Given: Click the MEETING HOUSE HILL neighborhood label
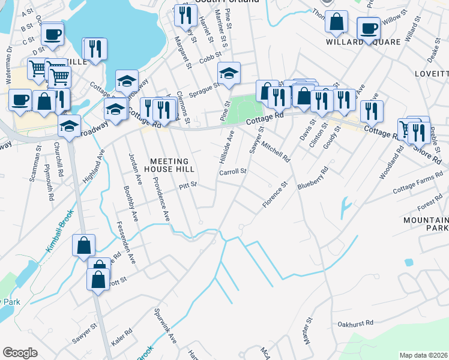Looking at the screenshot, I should click(x=169, y=166).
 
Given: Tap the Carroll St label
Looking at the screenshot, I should click(x=233, y=172).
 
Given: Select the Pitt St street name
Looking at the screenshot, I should click(x=188, y=186).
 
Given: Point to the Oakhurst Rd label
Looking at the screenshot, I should click(x=355, y=323).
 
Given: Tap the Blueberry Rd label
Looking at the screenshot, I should click(x=313, y=178).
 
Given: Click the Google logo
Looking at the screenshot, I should click(x=20, y=352).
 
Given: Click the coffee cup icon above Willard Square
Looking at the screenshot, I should click(x=368, y=28).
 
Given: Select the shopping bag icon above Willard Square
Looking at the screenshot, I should click(x=336, y=21).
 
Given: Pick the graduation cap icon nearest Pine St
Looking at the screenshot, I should click(x=228, y=73).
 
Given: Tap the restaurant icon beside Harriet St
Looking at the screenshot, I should click(x=185, y=15).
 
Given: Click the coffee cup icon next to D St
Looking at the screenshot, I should click(x=52, y=34).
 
